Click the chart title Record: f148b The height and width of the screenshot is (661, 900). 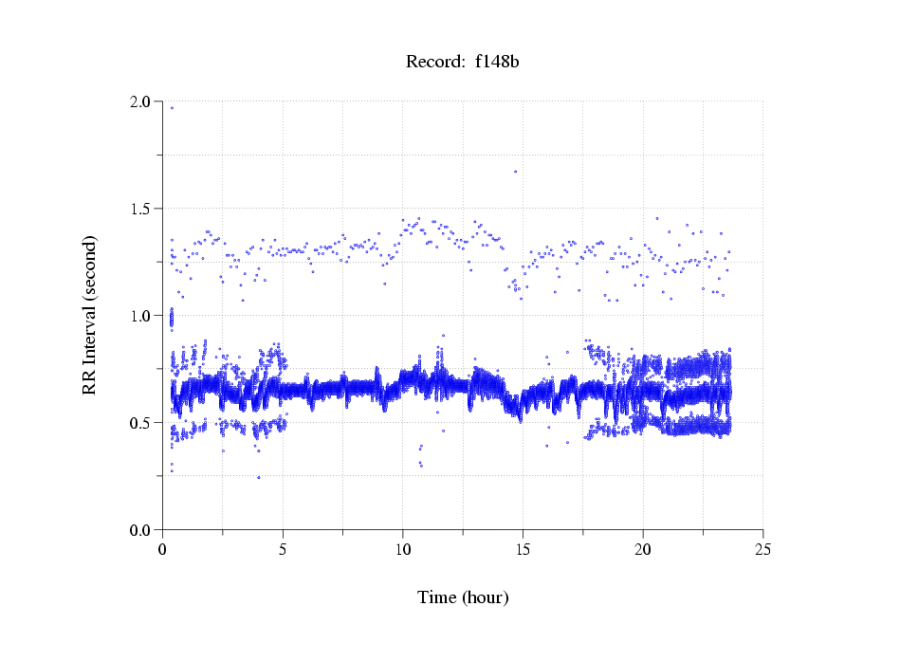click(x=463, y=63)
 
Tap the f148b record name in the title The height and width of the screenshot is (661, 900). click(x=497, y=63)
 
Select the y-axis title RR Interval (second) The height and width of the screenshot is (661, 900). click(x=89, y=315)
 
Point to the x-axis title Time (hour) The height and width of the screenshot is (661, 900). click(x=463, y=597)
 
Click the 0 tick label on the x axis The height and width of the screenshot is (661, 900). click(x=162, y=549)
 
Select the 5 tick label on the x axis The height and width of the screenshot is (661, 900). click(x=283, y=549)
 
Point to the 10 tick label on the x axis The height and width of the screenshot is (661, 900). click(x=402, y=549)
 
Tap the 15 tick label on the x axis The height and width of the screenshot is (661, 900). click(x=523, y=549)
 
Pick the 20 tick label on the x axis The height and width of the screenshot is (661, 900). click(x=643, y=549)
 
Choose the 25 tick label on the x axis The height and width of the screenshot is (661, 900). click(x=762, y=549)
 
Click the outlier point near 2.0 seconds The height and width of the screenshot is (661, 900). click(x=172, y=108)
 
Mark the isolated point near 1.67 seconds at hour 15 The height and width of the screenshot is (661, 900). click(x=515, y=172)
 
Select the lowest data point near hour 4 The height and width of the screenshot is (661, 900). click(x=258, y=477)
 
